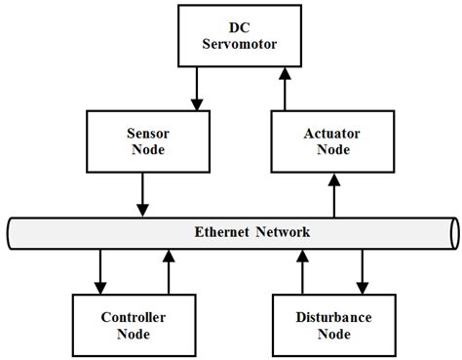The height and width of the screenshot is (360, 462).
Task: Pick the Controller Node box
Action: [x=134, y=326]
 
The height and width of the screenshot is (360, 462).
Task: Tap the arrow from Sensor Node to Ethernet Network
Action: [x=142, y=195]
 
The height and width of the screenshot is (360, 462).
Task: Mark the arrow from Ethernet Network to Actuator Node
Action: [x=334, y=195]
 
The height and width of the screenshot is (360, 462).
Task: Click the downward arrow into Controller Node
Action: [x=100, y=272]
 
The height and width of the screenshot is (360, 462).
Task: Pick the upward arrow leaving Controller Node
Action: [x=168, y=272]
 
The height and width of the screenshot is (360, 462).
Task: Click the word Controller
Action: [x=134, y=317]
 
